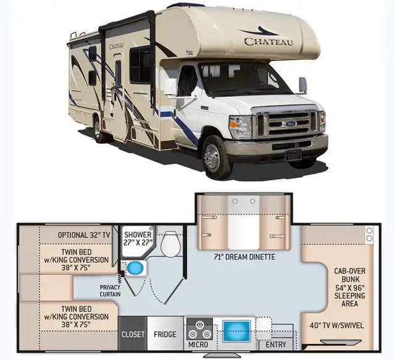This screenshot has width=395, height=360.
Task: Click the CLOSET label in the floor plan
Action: [133, 334]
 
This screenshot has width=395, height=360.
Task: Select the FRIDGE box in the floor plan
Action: [165, 334]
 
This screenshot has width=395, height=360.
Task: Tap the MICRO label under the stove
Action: [198, 344]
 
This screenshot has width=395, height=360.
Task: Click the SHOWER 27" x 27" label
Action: [138, 238]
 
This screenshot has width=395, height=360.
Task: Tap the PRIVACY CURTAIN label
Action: [110, 290]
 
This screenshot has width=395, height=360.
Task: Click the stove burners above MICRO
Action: [199, 327]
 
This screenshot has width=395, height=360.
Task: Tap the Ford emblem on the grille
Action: [289, 123]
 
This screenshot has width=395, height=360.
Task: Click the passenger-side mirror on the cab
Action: [303, 85]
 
